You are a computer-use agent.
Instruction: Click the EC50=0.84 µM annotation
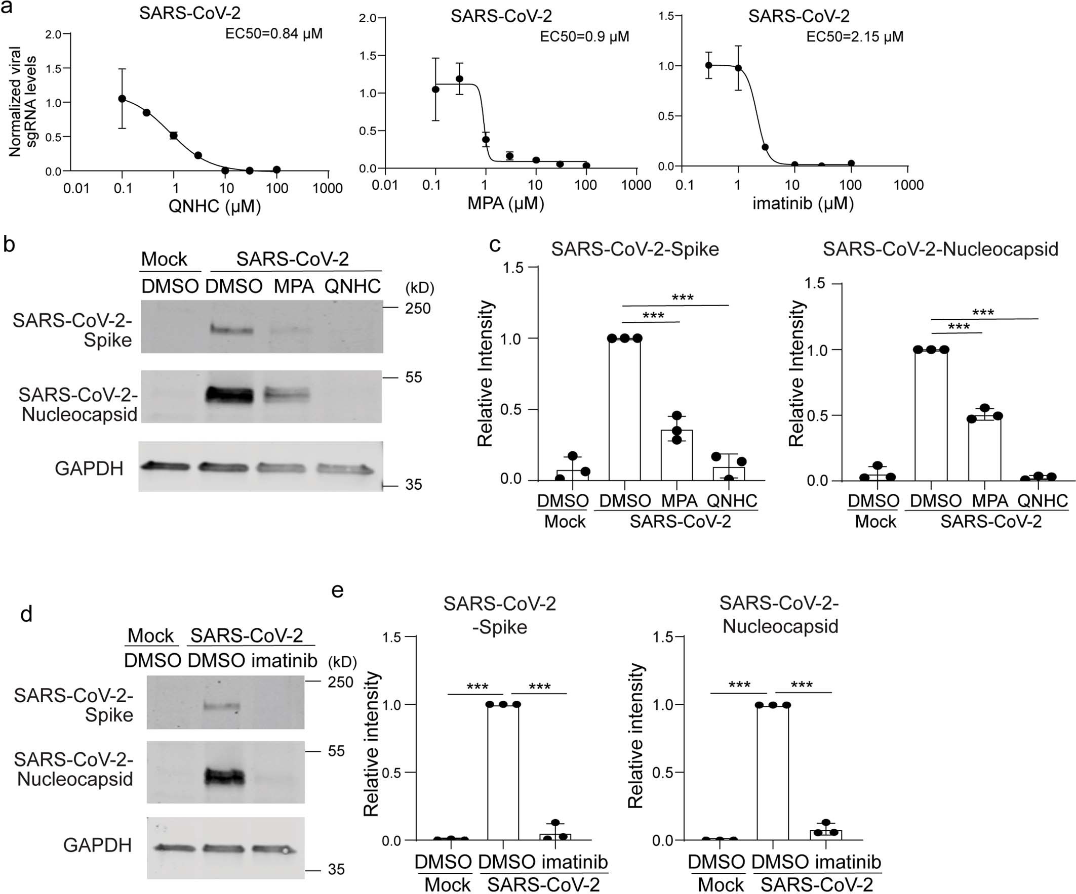coord(273,34)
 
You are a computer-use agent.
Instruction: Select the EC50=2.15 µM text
coord(855,37)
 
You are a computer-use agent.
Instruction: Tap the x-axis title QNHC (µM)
coord(215,206)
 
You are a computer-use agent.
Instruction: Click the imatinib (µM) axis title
coord(803,203)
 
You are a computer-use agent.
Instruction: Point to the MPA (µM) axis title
coord(505,203)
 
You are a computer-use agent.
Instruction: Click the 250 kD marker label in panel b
coord(418,308)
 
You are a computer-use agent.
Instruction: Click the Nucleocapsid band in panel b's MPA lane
coord(287,395)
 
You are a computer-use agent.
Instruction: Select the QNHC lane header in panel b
coord(352,286)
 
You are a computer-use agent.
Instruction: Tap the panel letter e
coord(337,590)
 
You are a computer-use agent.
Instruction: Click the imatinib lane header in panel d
coord(285,661)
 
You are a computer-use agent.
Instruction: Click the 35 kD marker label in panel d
coord(336,869)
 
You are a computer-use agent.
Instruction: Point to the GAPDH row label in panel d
coord(97,845)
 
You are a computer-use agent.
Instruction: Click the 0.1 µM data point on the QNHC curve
coord(122,98)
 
